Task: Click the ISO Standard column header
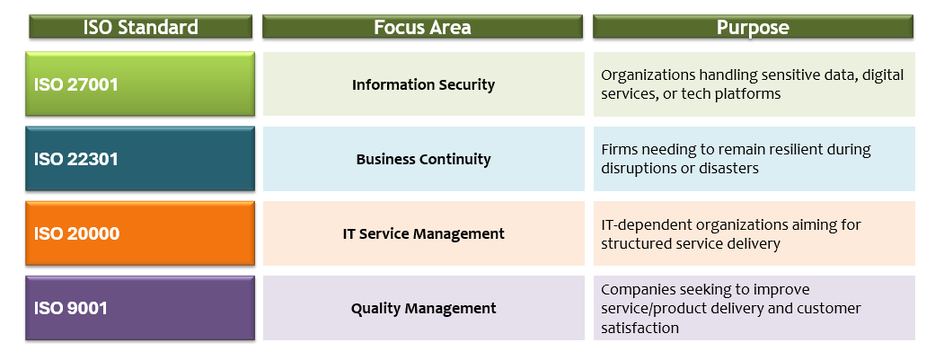[140, 27]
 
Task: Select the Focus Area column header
[423, 27]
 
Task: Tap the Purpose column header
[754, 27]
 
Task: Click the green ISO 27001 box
[140, 83]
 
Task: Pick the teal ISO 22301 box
[140, 159]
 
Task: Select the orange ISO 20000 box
[140, 233]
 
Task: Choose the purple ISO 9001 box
[140, 308]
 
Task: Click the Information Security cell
[424, 84]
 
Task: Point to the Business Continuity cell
[424, 159]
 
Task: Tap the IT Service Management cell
[424, 233]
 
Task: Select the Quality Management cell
[424, 308]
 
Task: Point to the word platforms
[749, 94]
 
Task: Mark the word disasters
[728, 168]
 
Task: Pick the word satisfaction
[640, 328]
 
